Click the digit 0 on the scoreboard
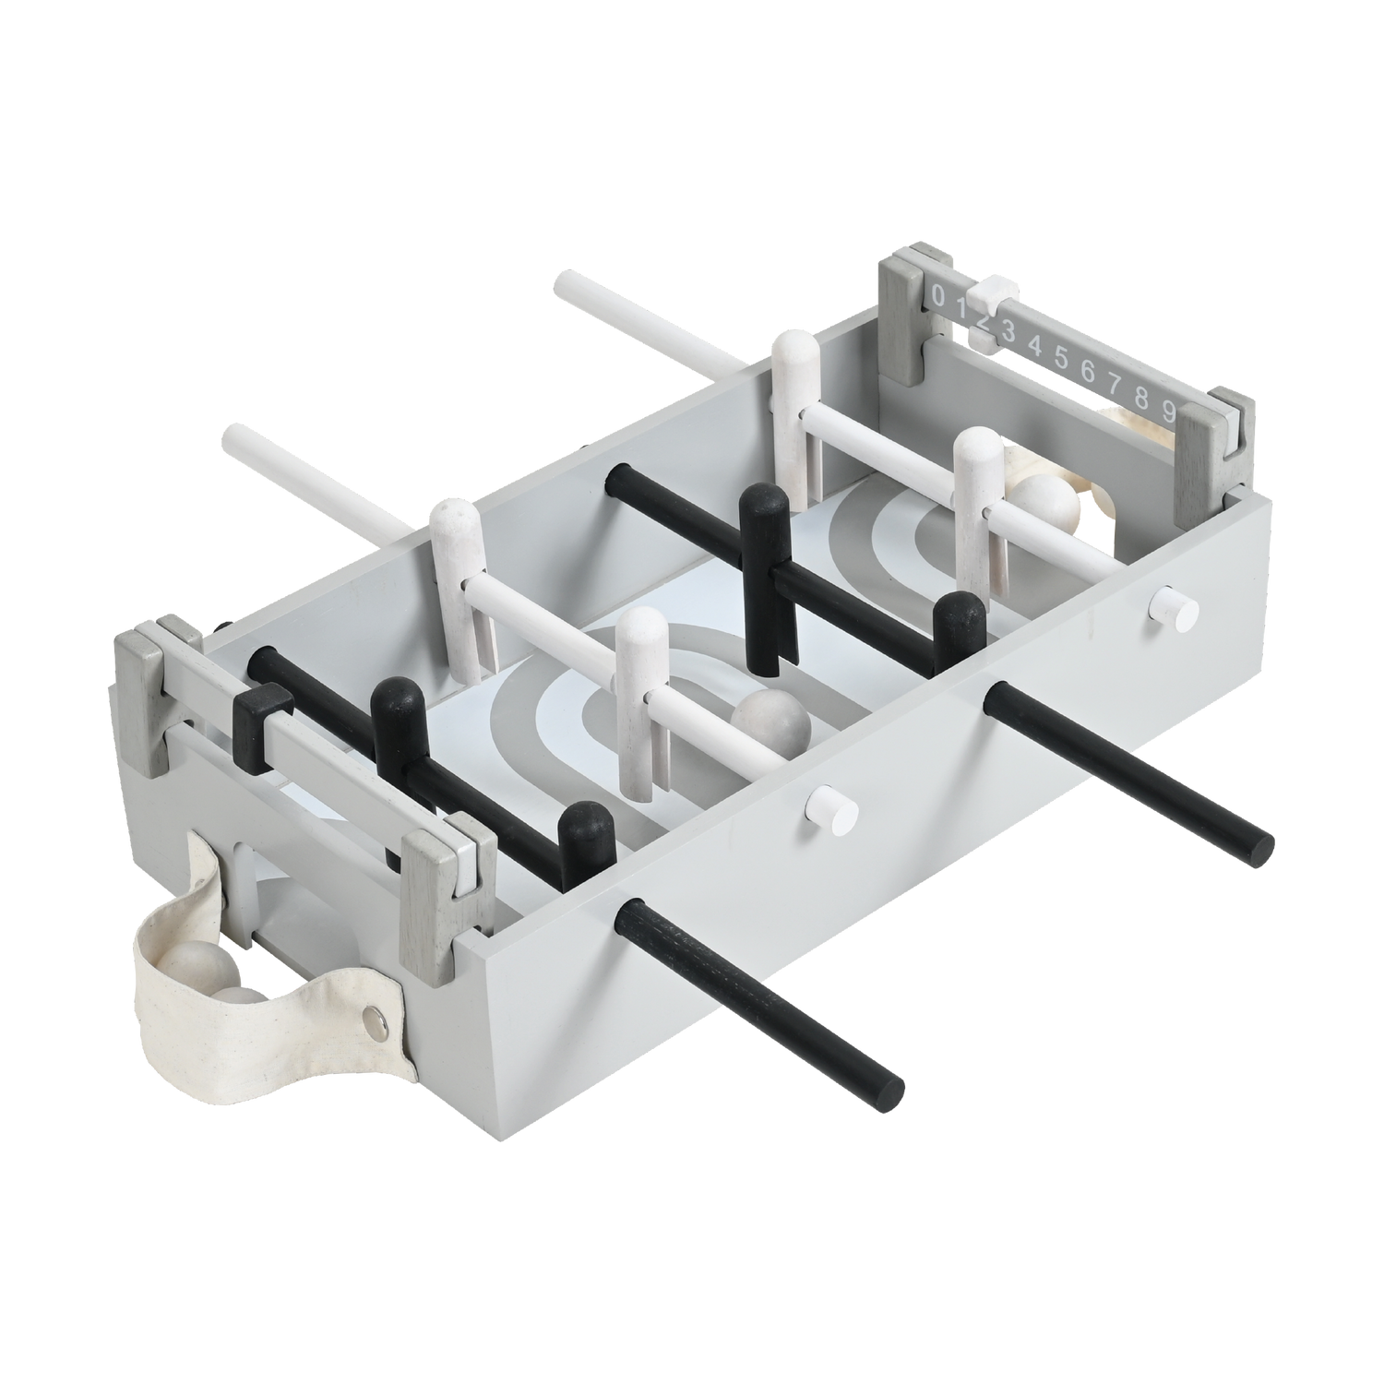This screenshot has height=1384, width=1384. pos(938,296)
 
